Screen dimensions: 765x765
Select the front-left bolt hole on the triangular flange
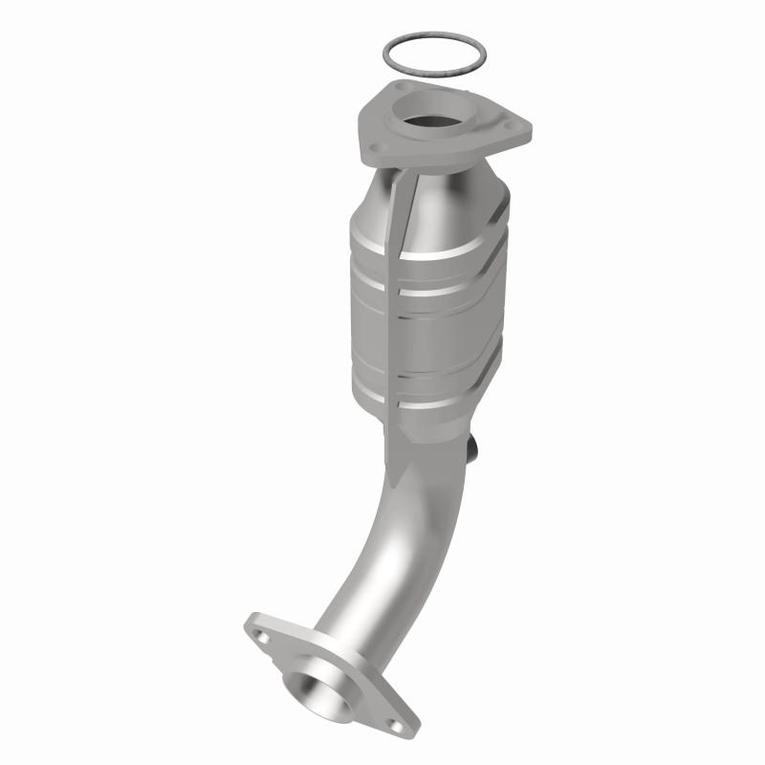pyautogui.click(x=376, y=147)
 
